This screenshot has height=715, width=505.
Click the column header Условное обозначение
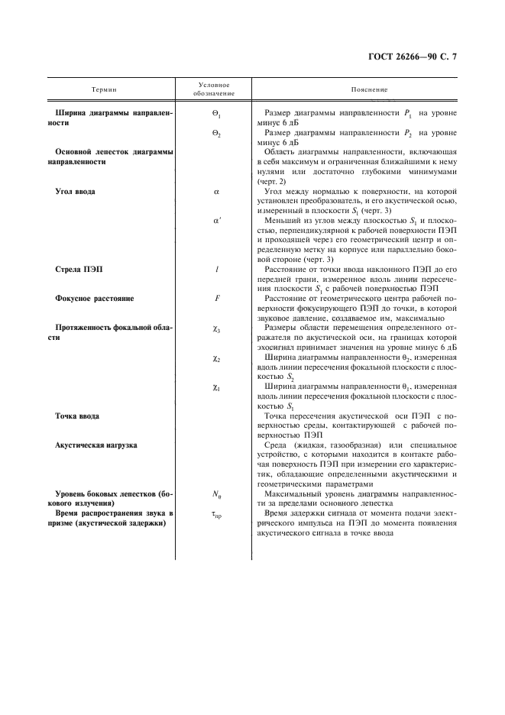click(x=214, y=89)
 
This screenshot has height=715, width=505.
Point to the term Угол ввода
click(x=75, y=191)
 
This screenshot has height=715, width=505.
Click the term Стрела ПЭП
click(x=79, y=270)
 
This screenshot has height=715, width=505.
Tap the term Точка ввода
click(x=77, y=416)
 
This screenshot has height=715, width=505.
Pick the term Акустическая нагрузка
click(x=96, y=445)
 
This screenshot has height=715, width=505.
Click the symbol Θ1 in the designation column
click(x=215, y=112)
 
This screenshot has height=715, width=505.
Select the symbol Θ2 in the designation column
click(x=215, y=132)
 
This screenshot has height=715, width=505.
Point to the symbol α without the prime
click(x=216, y=191)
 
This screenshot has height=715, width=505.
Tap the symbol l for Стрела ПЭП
click(x=216, y=270)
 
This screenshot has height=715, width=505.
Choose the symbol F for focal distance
click(x=216, y=300)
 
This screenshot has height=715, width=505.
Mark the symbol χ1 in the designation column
click(x=216, y=387)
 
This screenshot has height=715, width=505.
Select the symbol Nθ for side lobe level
click(x=216, y=495)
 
